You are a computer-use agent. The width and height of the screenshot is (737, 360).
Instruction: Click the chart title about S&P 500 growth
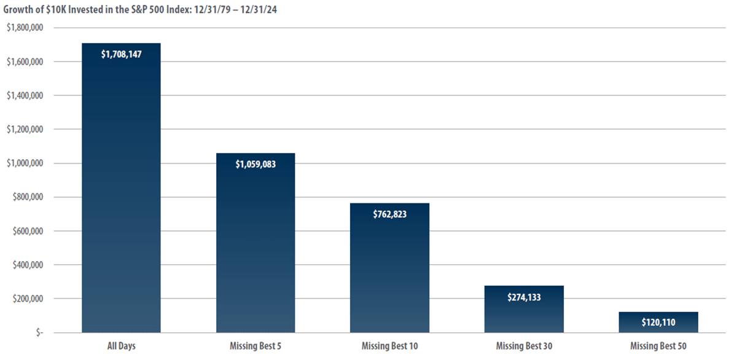(x=140, y=10)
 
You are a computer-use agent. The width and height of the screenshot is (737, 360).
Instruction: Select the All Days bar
(x=121, y=187)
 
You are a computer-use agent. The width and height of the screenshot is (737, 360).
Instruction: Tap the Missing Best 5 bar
(x=255, y=243)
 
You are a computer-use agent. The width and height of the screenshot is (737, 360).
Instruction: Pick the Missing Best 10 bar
(x=389, y=268)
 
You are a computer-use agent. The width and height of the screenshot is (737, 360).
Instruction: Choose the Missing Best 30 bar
(x=524, y=309)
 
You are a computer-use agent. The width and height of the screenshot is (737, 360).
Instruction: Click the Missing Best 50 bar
(x=658, y=322)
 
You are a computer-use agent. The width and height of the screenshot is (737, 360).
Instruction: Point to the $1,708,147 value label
(x=121, y=54)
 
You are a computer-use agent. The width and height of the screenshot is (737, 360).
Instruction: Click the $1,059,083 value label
(x=255, y=164)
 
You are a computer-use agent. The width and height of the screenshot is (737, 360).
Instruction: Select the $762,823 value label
(x=389, y=214)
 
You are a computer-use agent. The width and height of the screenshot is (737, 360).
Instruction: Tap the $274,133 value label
(x=524, y=297)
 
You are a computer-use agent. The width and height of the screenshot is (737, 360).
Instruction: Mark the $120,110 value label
(x=658, y=322)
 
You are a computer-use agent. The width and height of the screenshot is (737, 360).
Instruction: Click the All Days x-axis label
(x=121, y=346)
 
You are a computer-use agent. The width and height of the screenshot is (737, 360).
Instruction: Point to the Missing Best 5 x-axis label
(x=255, y=346)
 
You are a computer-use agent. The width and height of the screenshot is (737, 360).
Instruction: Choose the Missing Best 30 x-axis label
(x=524, y=346)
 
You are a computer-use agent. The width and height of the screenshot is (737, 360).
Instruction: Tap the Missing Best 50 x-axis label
(x=658, y=346)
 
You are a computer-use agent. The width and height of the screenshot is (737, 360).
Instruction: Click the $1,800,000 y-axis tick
(x=25, y=28)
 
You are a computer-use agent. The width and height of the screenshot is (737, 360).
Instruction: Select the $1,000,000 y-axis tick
(x=25, y=163)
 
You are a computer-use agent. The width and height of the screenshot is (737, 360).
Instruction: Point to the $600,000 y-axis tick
(x=28, y=231)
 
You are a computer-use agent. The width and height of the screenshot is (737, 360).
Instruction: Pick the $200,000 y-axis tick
(x=28, y=299)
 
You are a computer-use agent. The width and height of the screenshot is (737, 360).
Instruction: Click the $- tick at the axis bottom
(x=39, y=333)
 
